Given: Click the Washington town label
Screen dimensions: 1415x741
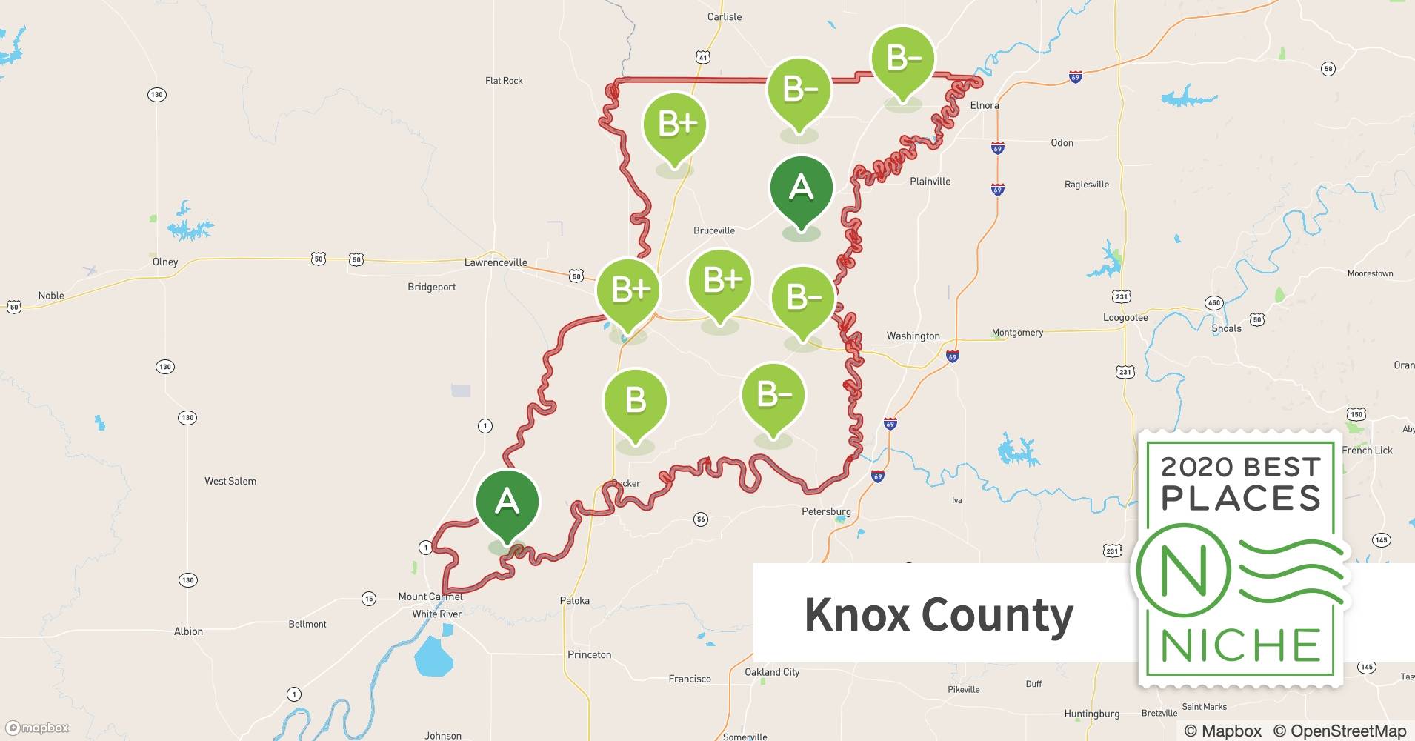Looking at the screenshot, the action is point(913,336).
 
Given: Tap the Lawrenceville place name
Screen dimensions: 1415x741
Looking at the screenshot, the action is point(496,262).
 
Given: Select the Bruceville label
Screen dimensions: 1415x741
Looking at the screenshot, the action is point(714,230).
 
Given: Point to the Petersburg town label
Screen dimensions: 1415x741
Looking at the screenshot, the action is point(826,511).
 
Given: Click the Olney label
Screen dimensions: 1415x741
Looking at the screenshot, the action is point(165,262).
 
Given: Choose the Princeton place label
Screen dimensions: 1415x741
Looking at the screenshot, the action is point(589,654).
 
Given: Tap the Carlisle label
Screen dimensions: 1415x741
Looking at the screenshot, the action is point(724,16).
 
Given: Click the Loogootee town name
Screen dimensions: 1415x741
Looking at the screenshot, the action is point(1125,317).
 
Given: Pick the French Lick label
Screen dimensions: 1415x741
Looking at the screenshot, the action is point(1367,450).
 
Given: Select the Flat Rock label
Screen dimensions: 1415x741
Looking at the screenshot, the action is point(504,81).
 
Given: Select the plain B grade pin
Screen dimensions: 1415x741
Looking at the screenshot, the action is point(636,402).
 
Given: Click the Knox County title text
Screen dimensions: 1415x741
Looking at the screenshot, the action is point(939,614).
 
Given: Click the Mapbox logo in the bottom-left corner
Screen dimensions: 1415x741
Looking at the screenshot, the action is point(38,728).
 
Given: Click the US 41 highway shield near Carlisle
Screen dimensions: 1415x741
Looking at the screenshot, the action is point(703,57).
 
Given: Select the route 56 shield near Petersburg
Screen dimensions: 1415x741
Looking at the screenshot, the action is point(701,519).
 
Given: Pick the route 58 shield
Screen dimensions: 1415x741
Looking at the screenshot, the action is point(1328,69).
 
